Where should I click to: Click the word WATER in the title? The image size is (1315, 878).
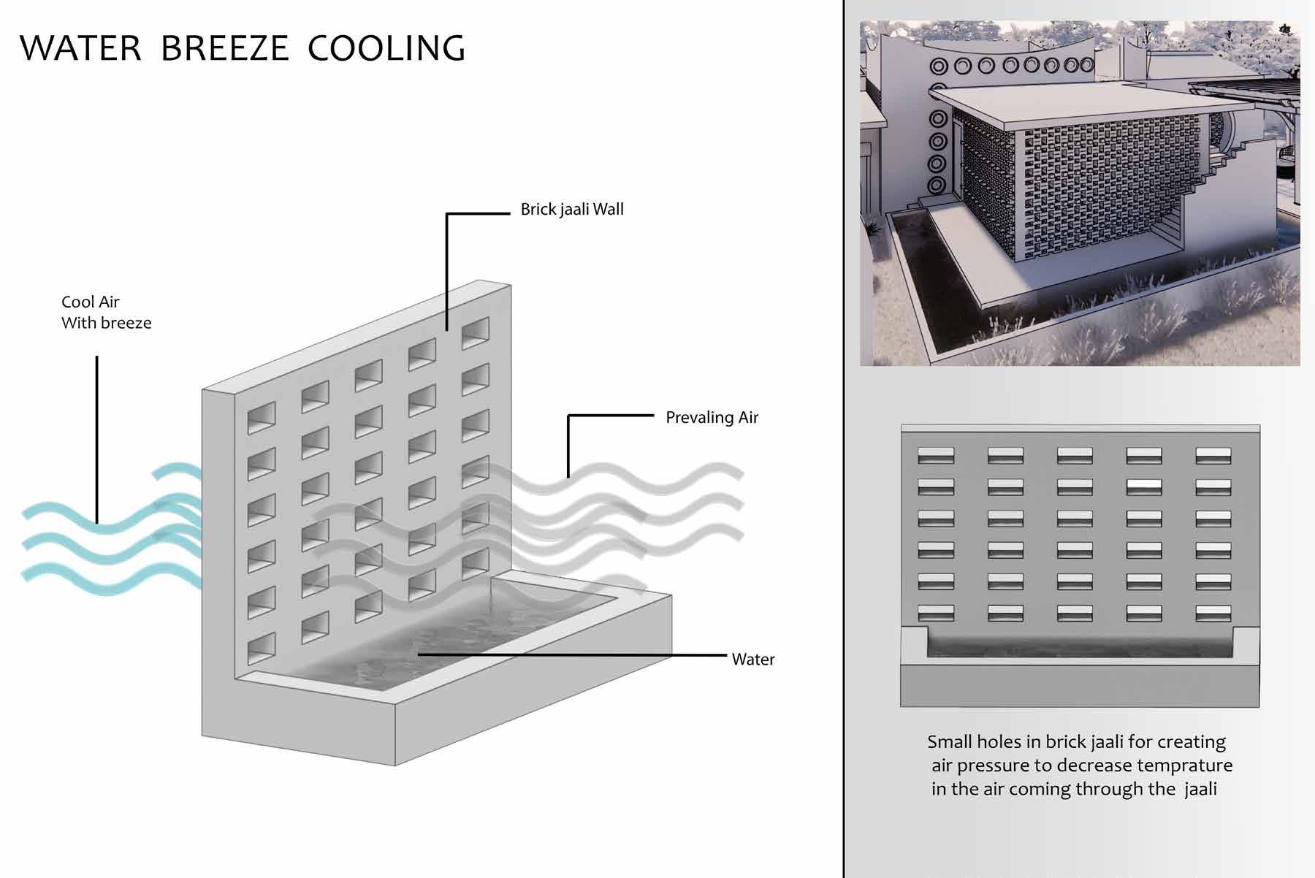coord(80,48)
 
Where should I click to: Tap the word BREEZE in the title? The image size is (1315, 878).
coord(224,48)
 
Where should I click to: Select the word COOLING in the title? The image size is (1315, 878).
coord(386,48)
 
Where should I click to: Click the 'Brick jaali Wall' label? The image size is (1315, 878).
coord(572,210)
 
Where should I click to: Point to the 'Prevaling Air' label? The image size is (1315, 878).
coord(712,418)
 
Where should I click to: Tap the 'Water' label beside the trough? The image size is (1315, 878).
coord(752,660)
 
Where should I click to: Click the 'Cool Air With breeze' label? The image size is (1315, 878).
coord(106,313)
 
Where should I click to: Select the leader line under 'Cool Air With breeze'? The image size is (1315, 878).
coord(97,438)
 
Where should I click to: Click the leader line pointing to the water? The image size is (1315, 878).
coord(570,655)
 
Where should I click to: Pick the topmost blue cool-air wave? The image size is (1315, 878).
coord(175,471)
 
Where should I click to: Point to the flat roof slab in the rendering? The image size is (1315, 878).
coord(1059,99)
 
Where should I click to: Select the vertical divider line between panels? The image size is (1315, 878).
coord(844,438)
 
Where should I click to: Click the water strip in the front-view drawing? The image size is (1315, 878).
coord(1080,644)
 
